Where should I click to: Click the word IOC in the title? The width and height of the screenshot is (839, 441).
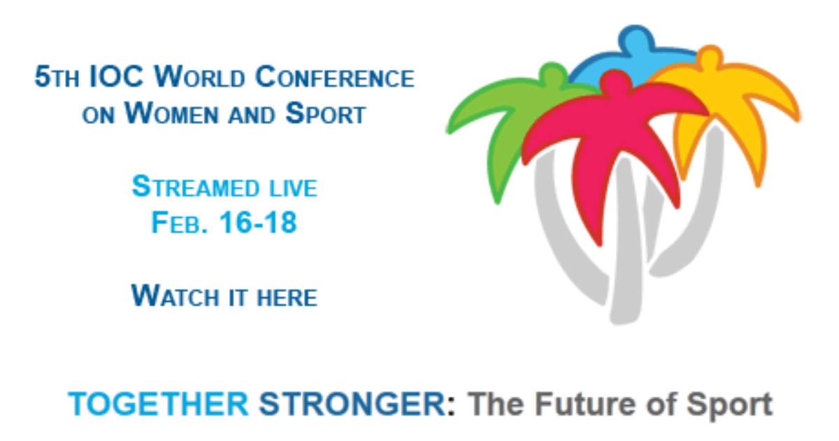(x=117, y=77)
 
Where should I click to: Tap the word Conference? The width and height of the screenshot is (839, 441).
(x=335, y=77)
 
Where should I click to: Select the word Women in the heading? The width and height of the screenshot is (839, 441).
(x=171, y=113)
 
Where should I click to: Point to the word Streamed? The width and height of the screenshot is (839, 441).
(x=196, y=187)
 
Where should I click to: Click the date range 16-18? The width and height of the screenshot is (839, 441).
(x=258, y=223)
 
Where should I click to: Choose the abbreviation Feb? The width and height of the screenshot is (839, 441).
(x=179, y=223)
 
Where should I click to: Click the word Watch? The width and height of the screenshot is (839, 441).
(x=175, y=296)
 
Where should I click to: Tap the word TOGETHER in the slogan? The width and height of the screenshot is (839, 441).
(x=159, y=405)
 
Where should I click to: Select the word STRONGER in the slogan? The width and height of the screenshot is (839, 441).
(x=352, y=405)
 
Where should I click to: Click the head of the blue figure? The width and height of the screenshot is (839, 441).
(x=636, y=36)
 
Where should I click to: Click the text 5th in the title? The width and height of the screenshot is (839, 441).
(x=57, y=77)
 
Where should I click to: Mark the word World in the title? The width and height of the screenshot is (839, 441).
(x=200, y=77)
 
